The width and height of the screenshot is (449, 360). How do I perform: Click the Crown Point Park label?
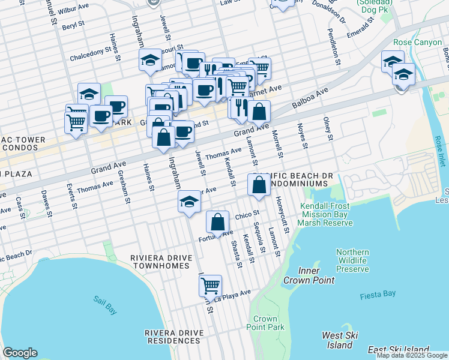[265, 323]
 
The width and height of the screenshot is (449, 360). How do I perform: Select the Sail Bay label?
[105, 305]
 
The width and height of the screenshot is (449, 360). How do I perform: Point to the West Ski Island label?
[340, 340]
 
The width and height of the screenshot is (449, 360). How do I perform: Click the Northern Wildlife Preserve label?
[352, 260]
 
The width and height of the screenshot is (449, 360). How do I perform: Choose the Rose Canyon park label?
[417, 43]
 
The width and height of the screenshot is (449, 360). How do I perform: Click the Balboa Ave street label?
[310, 99]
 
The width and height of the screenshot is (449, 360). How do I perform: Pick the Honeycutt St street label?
[282, 215]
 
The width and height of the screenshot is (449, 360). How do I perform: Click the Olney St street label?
[328, 129]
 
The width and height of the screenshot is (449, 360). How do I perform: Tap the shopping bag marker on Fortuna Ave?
[217, 222]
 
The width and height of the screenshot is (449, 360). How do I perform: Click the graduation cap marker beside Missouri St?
[150, 60]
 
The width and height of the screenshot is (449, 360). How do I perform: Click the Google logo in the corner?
[20, 353]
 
